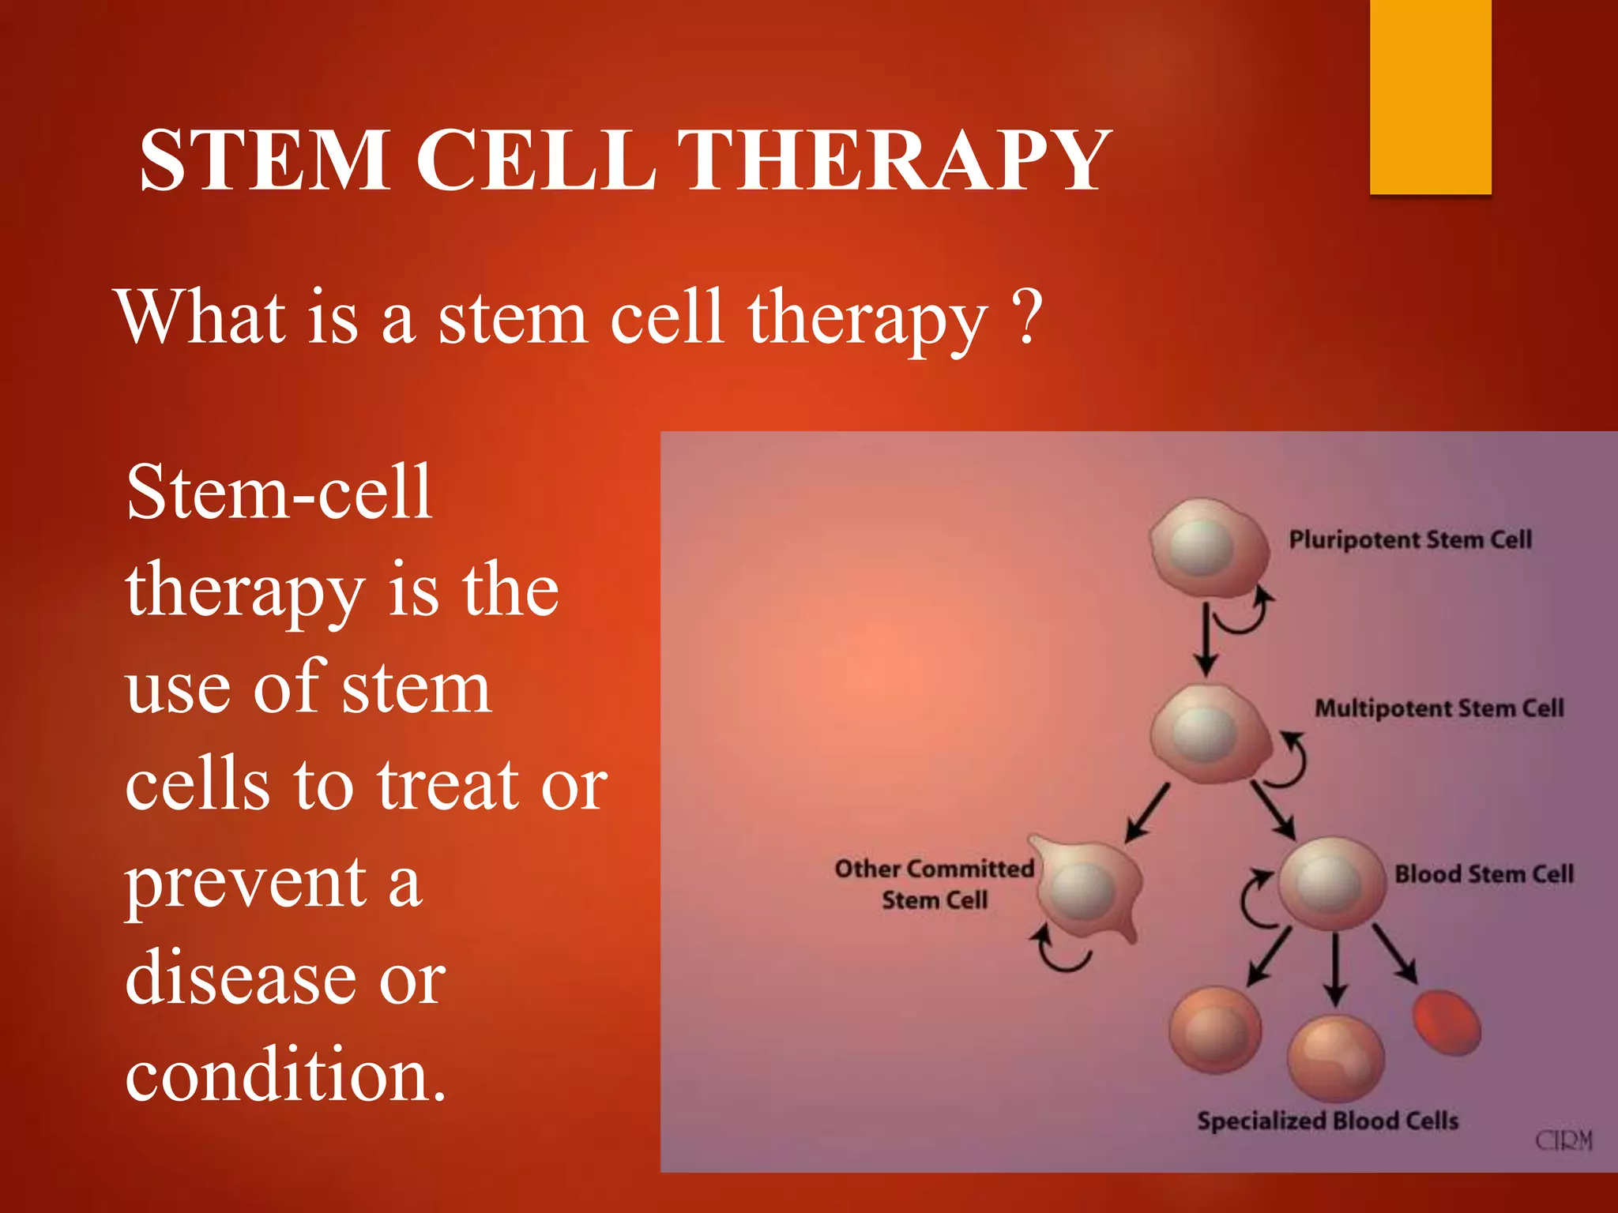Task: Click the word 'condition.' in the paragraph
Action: pos(286,1073)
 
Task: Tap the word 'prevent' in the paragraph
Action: pos(246,884)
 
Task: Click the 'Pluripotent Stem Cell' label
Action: pos(1410,540)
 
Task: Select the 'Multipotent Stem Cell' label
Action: pos(1439,708)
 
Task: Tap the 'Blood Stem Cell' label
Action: pos(1484,874)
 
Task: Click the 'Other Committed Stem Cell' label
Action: pos(934,884)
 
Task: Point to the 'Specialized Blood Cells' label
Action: pos(1327,1121)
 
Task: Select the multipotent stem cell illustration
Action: pos(1206,733)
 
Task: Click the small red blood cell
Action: pos(1446,1023)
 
